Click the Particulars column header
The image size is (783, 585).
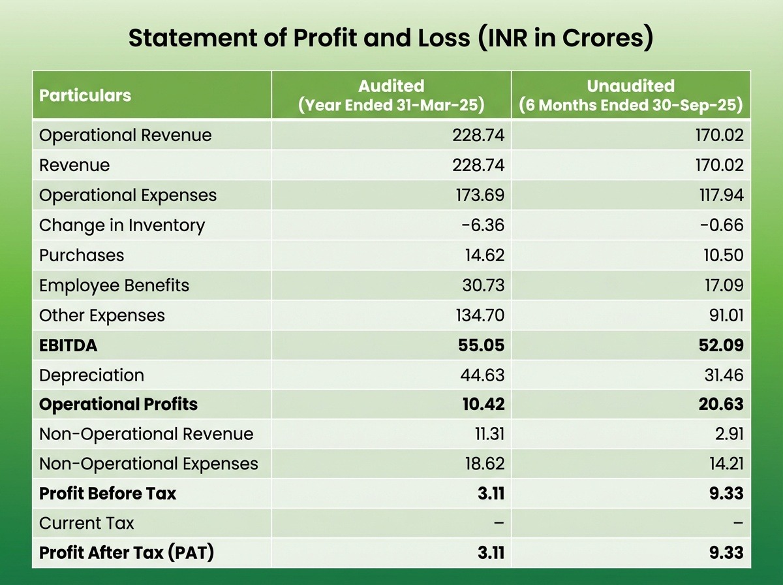coord(85,95)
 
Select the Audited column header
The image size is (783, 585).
coord(391,95)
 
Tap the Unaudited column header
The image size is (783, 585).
coord(630,95)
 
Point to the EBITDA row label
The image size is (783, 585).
coord(68,345)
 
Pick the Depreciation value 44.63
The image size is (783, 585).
coord(478,375)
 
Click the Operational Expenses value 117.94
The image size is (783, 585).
coord(718,195)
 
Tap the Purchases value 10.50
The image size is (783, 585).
coord(721,255)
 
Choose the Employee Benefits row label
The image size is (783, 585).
coord(114,285)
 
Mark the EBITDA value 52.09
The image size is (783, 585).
coord(719,345)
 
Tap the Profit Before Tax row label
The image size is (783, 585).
coord(108,494)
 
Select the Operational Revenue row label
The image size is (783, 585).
coord(125,135)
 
